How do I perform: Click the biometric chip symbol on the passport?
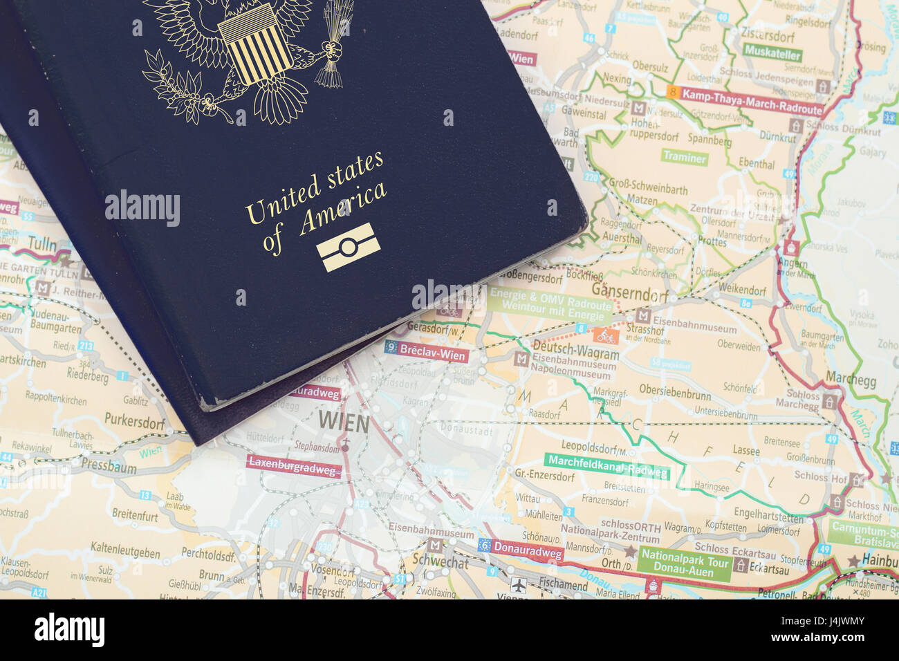tap(349, 247)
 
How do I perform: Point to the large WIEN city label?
tap(343, 421)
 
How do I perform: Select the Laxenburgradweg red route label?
tap(294, 467)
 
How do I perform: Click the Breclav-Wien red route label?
tap(427, 353)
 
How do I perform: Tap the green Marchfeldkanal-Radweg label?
tap(608, 467)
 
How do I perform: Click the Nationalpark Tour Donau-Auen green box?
tap(685, 564)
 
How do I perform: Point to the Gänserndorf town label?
tap(629, 294)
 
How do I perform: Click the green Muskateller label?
tap(772, 54)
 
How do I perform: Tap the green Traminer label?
tap(685, 157)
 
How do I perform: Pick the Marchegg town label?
tap(851, 381)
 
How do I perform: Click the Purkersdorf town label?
tap(135, 419)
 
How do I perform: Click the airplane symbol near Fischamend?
tap(519, 585)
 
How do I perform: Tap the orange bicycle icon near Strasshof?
tap(606, 336)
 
